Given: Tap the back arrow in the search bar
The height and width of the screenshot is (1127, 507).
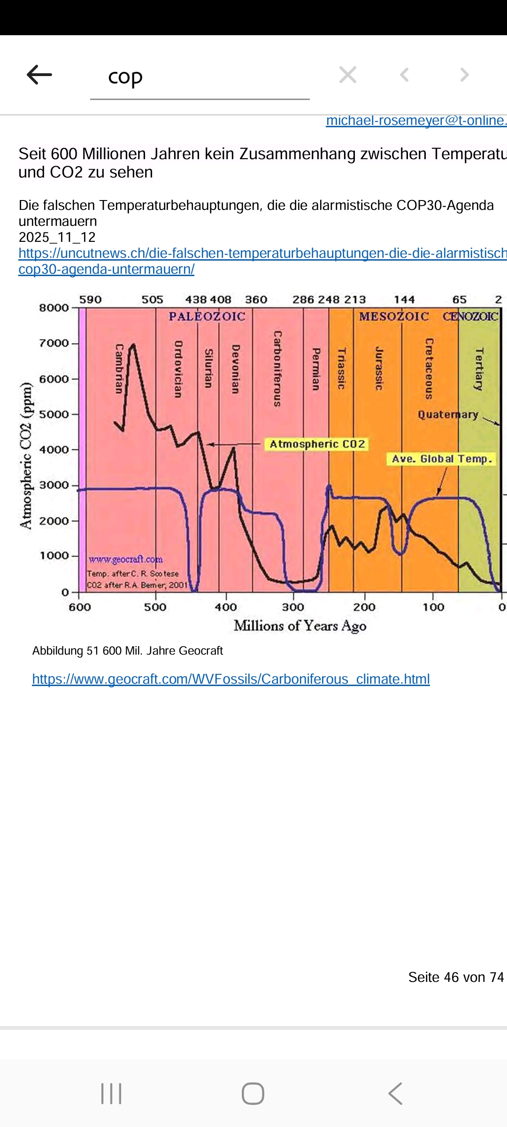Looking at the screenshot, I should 39,75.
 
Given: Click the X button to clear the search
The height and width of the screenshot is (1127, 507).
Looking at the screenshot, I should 348,75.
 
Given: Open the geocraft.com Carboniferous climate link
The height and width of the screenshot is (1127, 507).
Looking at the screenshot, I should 231,679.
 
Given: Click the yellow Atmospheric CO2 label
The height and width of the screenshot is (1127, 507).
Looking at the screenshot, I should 317,444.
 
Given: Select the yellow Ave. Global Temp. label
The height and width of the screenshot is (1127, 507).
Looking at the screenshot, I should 442,459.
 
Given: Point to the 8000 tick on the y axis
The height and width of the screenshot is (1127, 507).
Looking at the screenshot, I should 54,308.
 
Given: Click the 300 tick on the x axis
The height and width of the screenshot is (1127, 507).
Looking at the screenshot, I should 293,607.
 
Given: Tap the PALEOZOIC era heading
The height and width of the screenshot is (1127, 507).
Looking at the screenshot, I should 207,316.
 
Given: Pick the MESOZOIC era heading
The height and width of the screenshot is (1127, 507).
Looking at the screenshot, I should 394,316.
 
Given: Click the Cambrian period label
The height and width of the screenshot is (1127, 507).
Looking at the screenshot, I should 119,369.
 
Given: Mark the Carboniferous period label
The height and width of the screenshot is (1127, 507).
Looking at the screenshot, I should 278,369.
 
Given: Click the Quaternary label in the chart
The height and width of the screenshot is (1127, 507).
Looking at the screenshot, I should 448,415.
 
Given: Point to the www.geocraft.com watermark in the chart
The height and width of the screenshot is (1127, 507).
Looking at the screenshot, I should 126,559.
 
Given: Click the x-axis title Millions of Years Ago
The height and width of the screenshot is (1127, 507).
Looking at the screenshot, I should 300,626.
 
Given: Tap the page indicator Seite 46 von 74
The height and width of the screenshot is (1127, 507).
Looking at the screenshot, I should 456,977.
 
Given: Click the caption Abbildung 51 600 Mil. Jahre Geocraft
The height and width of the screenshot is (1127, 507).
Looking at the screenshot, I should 128,651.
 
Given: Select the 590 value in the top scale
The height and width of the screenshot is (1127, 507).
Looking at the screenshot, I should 90,300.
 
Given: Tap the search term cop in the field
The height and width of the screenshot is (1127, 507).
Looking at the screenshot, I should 125,77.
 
